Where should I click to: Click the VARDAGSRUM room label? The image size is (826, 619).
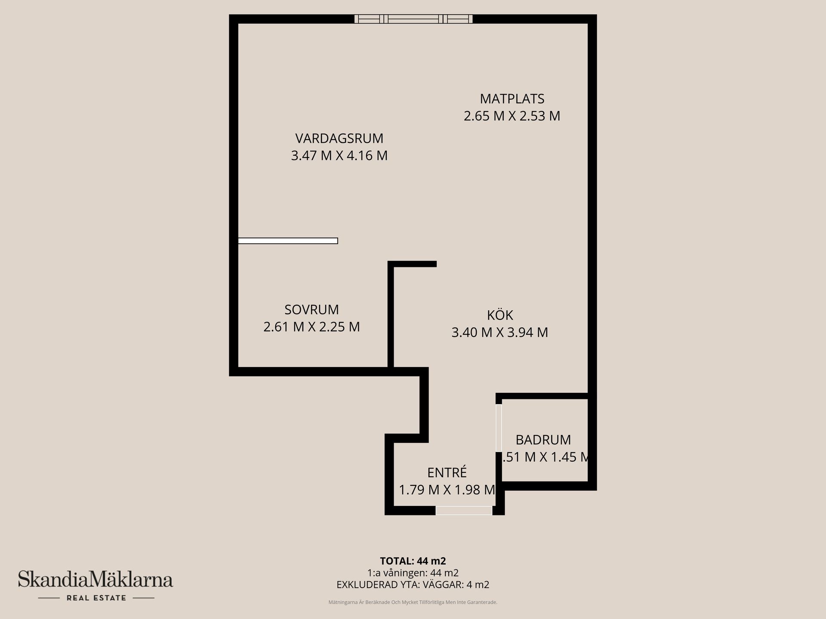tap(339, 138)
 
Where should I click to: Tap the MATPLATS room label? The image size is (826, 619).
tap(512, 99)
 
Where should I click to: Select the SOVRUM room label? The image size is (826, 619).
tap(311, 309)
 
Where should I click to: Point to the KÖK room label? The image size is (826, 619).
tap(500, 315)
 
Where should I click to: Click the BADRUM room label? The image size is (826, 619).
tap(543, 440)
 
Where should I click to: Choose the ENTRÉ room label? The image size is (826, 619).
tap(447, 472)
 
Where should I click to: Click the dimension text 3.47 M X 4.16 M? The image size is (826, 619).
tap(339, 156)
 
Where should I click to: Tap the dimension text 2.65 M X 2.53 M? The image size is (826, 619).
tap(512, 116)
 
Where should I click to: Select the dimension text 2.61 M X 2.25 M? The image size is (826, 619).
tap(311, 327)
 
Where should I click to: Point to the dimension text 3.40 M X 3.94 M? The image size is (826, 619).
tap(500, 332)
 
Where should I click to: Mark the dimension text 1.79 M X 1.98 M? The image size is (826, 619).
tap(447, 490)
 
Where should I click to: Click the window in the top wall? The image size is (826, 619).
tap(413, 19)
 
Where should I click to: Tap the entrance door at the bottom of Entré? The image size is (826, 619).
tap(464, 510)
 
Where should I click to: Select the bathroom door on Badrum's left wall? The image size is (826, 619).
tap(499, 428)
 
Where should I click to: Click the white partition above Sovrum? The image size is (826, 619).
tap(288, 241)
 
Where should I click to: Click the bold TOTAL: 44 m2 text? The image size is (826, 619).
tap(413, 561)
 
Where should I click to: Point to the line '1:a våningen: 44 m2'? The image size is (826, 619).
tap(413, 573)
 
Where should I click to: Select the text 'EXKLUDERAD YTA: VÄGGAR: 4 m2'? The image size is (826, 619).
tap(413, 585)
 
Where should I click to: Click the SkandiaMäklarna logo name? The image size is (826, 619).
tap(96, 579)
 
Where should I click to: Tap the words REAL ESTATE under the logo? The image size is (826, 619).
tap(96, 598)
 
